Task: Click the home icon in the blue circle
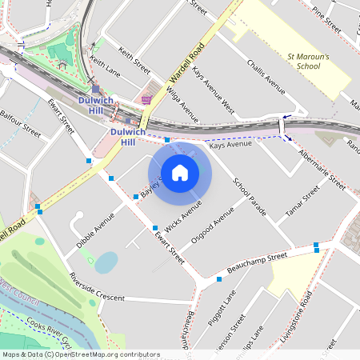(x=179, y=172)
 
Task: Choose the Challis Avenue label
(x=266, y=76)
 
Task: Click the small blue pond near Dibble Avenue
(x=106, y=261)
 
